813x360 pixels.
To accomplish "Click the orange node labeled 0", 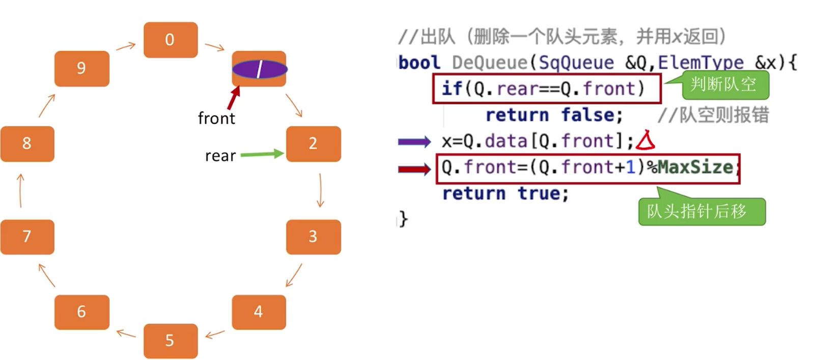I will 170,40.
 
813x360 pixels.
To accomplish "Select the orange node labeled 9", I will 81,68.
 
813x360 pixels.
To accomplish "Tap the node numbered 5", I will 170,341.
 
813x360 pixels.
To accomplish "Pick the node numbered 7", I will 27,237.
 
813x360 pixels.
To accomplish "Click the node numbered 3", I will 313,237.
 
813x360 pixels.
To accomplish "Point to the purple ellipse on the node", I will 260,69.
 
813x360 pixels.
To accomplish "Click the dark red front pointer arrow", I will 233,98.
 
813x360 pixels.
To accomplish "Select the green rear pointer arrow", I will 262,154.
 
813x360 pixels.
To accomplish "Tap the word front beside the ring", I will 216,119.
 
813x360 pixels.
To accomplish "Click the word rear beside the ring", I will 220,156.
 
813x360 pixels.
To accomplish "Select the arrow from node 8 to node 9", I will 46,105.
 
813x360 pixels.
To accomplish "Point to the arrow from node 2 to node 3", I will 320,190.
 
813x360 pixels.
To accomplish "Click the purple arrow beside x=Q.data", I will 414,142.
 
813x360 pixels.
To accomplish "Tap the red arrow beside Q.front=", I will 414,169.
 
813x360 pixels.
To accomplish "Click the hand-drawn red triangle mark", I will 646,141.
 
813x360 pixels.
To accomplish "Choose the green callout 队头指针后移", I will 701,211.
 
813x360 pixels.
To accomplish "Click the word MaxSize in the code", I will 695,167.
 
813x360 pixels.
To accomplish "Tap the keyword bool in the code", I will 419,63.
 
